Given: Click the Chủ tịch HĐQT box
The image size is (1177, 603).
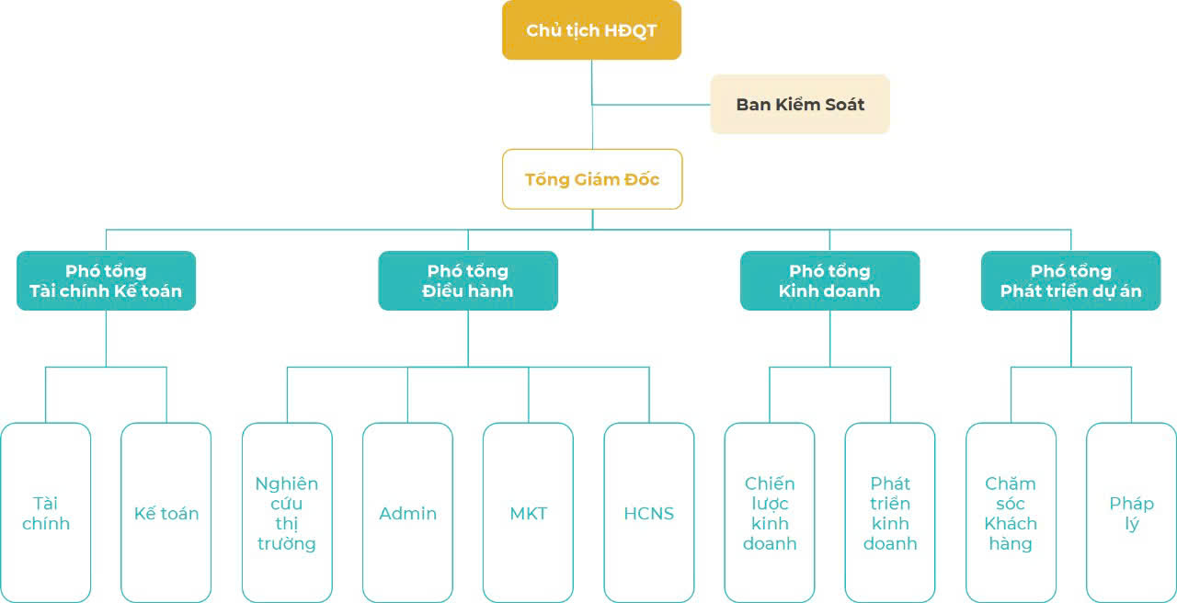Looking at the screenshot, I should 591,30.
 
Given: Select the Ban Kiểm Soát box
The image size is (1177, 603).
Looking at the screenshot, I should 800,105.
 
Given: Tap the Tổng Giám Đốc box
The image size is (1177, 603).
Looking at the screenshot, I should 592,179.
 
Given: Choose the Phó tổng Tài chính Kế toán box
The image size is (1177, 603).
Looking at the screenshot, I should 106,280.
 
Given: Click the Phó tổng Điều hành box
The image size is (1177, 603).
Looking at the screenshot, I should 468,280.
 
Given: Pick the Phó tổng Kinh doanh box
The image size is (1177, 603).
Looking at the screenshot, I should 829,280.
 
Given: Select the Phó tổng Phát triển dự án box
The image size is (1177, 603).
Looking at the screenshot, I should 1070,280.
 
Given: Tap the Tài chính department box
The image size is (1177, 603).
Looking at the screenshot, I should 46,513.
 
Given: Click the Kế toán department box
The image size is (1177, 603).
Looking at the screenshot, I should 166,513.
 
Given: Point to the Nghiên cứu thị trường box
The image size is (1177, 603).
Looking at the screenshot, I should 287,513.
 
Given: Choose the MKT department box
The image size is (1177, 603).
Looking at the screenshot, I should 528,513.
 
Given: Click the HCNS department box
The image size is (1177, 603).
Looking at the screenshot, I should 649,513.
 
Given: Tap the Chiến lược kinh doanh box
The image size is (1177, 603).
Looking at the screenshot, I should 770,513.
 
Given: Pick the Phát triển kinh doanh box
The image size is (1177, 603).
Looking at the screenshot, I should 890,513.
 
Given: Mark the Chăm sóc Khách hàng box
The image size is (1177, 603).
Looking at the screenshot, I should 1011,513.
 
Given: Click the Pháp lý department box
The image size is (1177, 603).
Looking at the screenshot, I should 1131,513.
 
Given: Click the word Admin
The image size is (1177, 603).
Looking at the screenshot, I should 407,514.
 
